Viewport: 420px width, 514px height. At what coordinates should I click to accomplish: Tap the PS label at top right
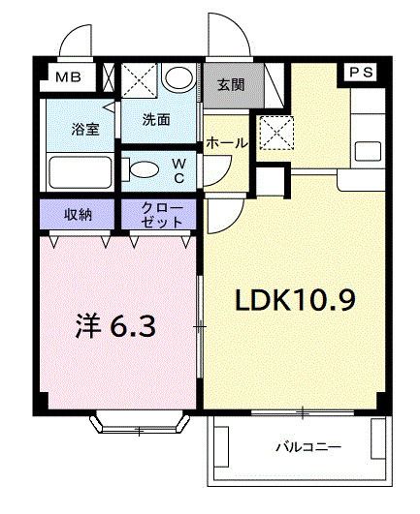(360, 73)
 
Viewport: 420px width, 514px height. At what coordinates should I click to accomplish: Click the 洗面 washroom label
(156, 120)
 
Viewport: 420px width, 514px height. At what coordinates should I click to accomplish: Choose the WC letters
(179, 170)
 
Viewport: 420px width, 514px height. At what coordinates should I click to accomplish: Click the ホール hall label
(226, 143)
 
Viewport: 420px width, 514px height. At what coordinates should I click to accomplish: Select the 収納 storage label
(79, 213)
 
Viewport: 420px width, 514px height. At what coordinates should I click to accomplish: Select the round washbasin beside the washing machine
(178, 78)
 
